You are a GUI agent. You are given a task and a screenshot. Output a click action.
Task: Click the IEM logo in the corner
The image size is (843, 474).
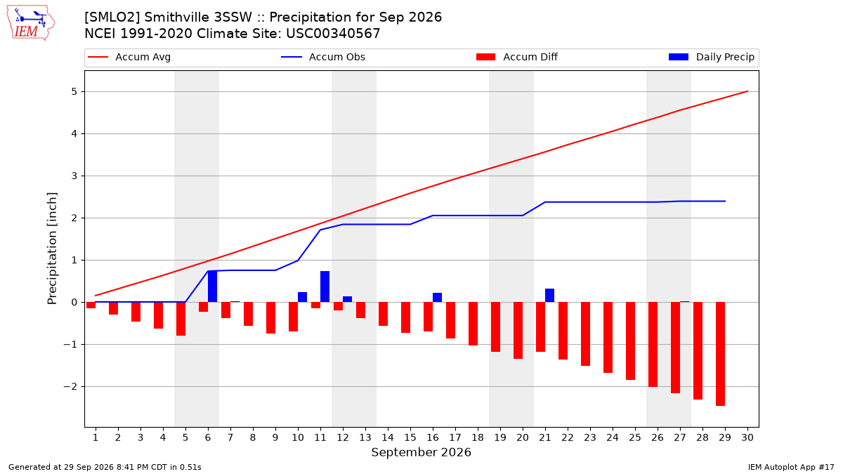coord(31,23)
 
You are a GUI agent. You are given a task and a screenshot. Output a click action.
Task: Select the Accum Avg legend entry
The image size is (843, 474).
coord(129,57)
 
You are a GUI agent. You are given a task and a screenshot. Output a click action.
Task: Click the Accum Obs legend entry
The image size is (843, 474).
coord(323,57)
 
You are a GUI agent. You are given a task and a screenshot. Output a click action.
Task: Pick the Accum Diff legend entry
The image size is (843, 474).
coord(517,57)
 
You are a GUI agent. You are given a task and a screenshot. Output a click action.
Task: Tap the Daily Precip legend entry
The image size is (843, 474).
coord(711,57)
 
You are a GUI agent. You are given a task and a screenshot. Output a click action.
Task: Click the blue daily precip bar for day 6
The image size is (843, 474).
coord(213,287)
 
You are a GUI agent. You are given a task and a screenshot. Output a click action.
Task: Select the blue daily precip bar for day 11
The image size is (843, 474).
coord(325,287)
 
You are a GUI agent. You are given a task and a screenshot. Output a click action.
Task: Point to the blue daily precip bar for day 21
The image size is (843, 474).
coord(549,296)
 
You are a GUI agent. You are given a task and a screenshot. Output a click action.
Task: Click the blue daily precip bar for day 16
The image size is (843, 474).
coord(437,298)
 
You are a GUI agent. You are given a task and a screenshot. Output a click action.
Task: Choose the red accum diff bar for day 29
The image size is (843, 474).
coord(720,354)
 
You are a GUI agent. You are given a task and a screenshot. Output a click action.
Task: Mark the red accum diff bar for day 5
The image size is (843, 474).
coord(181,319)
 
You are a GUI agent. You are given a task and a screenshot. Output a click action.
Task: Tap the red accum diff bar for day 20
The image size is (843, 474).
coord(518,330)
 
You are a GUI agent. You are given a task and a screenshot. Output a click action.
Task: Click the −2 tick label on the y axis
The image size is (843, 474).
coord(70,387)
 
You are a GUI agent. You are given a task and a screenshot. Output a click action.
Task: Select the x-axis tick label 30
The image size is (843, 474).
coord(747,437)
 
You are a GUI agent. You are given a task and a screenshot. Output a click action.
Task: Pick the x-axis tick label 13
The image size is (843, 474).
coord(365,437)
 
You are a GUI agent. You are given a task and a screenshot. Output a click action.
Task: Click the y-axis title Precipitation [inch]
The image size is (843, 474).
coord(52,249)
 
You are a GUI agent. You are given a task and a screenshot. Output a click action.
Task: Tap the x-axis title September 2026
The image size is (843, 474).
coord(421,452)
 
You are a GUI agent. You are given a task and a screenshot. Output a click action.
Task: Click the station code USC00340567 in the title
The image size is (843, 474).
coord(333,34)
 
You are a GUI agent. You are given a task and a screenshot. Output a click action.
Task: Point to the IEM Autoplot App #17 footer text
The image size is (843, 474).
coord(791,467)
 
